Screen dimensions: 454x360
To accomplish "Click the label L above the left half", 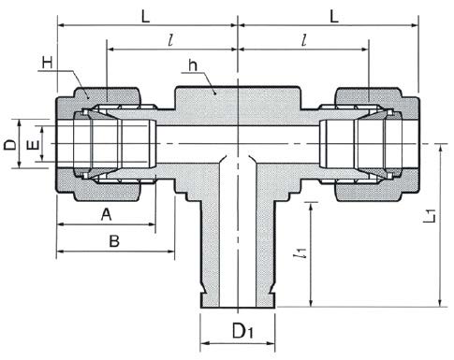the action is (146, 17).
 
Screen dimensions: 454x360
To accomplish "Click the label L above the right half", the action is (334, 17).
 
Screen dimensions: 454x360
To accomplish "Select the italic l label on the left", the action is (170, 40).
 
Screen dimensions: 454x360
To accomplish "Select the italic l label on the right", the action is (304, 40).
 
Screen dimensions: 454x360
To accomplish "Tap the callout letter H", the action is (48, 63).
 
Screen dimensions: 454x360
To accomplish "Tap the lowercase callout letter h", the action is (193, 65).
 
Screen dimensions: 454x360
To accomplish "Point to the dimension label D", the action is (10, 145).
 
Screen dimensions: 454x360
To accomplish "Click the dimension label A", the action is (107, 214).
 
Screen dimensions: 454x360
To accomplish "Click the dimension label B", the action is (114, 241).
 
